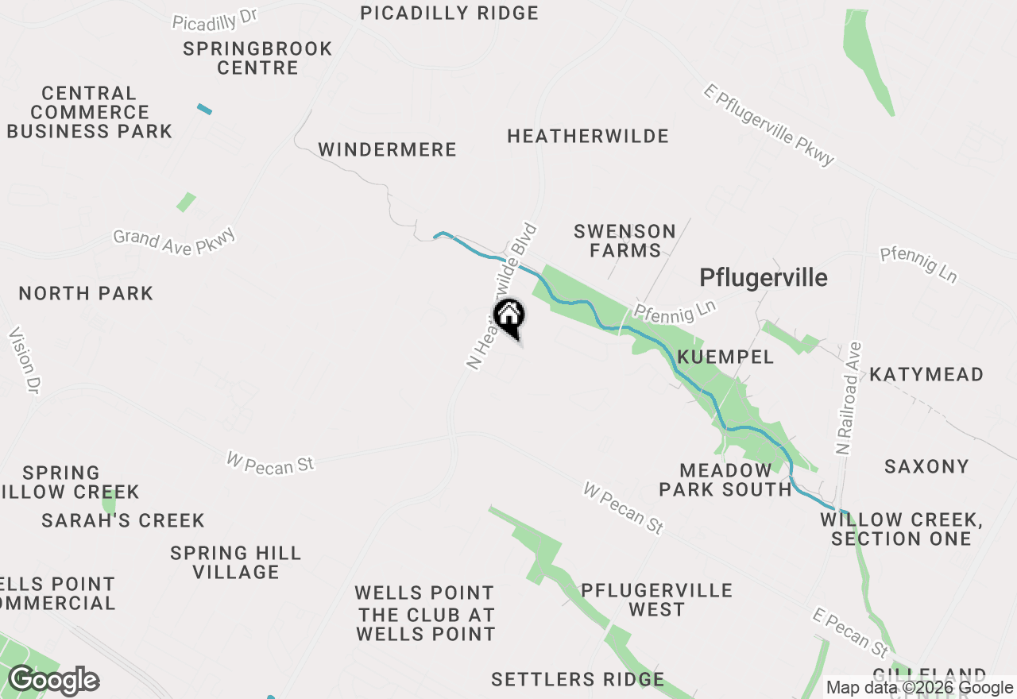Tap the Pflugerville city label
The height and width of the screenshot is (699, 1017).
[763, 277]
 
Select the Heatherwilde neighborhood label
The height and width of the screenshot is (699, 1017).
[588, 136]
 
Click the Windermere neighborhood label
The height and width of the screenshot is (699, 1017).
[387, 149]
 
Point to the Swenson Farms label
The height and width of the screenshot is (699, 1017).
[625, 241]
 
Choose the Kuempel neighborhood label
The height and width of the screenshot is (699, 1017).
[725, 357]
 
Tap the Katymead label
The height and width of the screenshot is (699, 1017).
[926, 374]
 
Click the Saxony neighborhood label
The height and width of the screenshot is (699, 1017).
[926, 466]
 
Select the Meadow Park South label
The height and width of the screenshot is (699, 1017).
[725, 480]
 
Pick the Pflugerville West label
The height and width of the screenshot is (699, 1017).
[656, 600]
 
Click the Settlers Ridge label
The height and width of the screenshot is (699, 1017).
[578, 679]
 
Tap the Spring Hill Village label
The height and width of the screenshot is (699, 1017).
[236, 562]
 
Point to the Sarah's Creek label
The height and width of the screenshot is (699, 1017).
[123, 520]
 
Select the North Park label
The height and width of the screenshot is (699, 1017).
[86, 293]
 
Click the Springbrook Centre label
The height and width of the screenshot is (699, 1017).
[257, 58]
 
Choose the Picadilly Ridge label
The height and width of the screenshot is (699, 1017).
[449, 13]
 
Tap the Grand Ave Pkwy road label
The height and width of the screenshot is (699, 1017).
[174, 241]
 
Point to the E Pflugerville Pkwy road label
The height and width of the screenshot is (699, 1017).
[768, 125]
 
